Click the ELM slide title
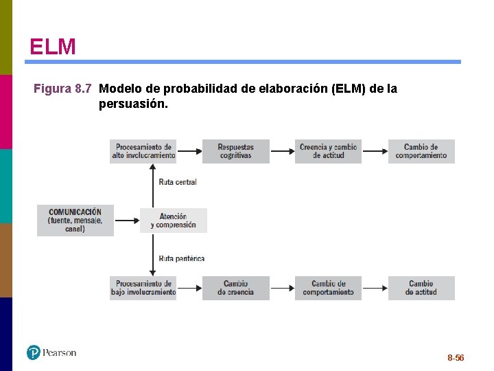[x=53, y=47]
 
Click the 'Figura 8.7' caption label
[x=62, y=89]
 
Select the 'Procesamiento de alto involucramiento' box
[x=143, y=151]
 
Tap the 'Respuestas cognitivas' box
[x=235, y=151]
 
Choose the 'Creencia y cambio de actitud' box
[x=328, y=151]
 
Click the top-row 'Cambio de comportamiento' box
[x=421, y=151]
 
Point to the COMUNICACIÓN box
[x=75, y=221]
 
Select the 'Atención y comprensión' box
[x=173, y=221]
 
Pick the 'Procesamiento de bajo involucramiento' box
[x=143, y=288]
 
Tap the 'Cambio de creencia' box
[x=235, y=288]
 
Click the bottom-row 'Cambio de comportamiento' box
[x=328, y=288]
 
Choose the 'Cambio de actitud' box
[x=421, y=288]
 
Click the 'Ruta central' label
[x=177, y=182]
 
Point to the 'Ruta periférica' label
[x=181, y=259]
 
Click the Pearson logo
[x=51, y=352]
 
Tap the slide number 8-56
[x=456, y=358]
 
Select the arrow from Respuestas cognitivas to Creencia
[x=282, y=148]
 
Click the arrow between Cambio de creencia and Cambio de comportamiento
[x=282, y=284]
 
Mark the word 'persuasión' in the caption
[x=132, y=104]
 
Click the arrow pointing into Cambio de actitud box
[x=375, y=284]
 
